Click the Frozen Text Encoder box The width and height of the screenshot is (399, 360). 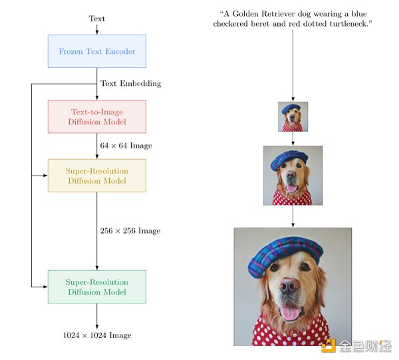(x=96, y=51)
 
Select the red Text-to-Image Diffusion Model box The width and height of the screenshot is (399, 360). (x=96, y=116)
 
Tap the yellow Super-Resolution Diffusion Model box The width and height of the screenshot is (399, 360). (x=96, y=176)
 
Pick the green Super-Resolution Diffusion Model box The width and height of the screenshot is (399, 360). (x=96, y=287)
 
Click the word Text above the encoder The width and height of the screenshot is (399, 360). (x=97, y=19)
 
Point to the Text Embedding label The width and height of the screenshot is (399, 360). (x=130, y=84)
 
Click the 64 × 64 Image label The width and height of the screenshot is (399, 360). (x=126, y=146)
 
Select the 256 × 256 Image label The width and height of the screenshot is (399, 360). (x=130, y=231)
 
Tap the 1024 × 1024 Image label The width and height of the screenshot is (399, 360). (x=97, y=335)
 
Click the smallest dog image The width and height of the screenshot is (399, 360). (x=293, y=116)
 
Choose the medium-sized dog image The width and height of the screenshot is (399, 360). (x=293, y=175)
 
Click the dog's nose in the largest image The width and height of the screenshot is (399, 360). (x=289, y=286)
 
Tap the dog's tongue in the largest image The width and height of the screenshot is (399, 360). (x=291, y=314)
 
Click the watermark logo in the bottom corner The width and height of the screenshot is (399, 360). (x=327, y=345)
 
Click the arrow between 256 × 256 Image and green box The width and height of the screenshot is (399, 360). (x=97, y=256)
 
